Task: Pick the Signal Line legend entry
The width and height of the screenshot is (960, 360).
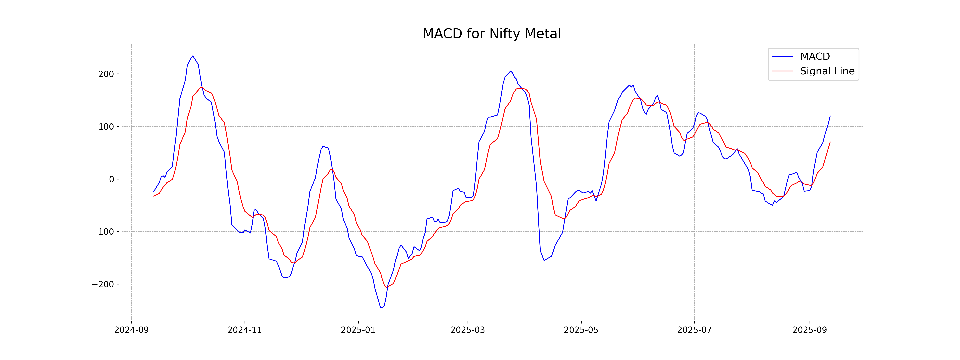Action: pyautogui.click(x=827, y=71)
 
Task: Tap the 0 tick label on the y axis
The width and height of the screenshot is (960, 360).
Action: pyautogui.click(x=111, y=179)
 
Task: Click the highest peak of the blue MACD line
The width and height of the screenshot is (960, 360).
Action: pyautogui.click(x=193, y=56)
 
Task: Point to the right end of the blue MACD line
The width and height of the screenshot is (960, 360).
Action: pyautogui.click(x=830, y=116)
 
